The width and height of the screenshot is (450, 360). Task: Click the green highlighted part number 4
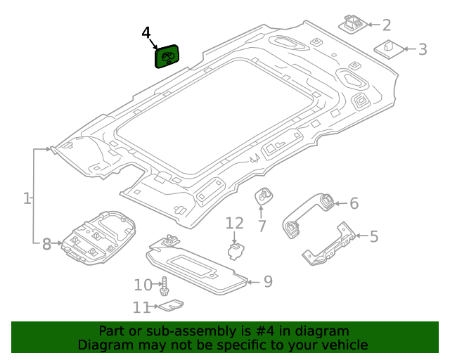tap(167, 56)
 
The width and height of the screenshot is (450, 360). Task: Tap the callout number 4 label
tap(146, 33)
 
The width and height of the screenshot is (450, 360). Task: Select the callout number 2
tap(387, 26)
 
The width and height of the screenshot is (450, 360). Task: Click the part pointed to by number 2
tap(353, 22)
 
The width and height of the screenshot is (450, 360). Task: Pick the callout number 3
tap(423, 49)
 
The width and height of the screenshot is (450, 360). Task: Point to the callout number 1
tap(27, 199)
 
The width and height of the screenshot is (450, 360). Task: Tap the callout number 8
tap(46, 244)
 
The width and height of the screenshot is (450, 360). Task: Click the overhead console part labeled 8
tap(98, 236)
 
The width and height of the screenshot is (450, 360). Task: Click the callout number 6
tap(354, 204)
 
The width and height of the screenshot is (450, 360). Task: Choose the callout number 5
tap(374, 236)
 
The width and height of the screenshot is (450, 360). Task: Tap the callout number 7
tap(262, 226)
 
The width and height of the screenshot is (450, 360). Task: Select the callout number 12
tap(234, 224)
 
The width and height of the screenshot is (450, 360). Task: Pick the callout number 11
tap(141, 307)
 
